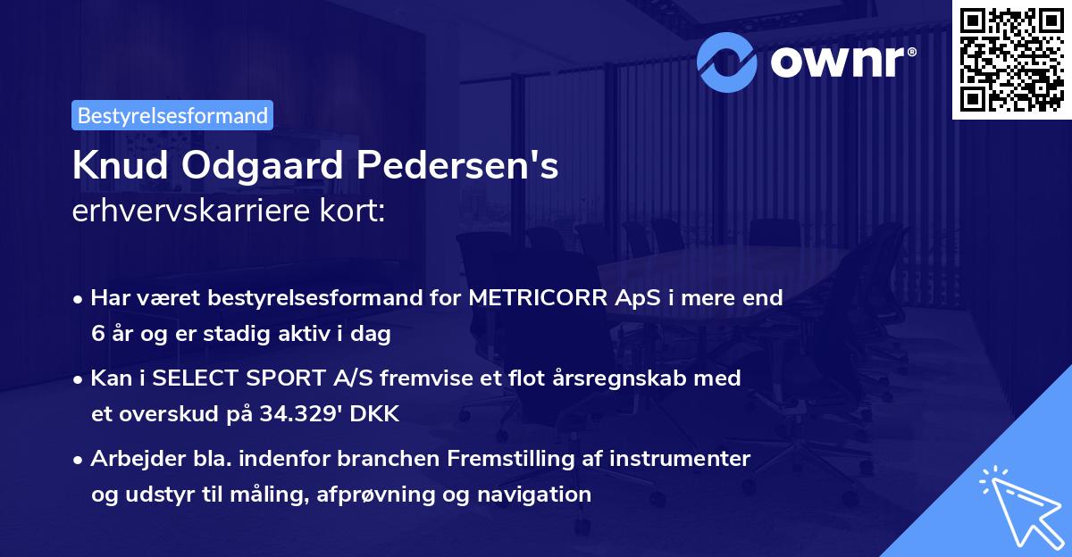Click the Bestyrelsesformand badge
tap(172, 115)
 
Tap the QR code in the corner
tap(1009, 59)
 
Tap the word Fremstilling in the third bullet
tap(523, 458)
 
